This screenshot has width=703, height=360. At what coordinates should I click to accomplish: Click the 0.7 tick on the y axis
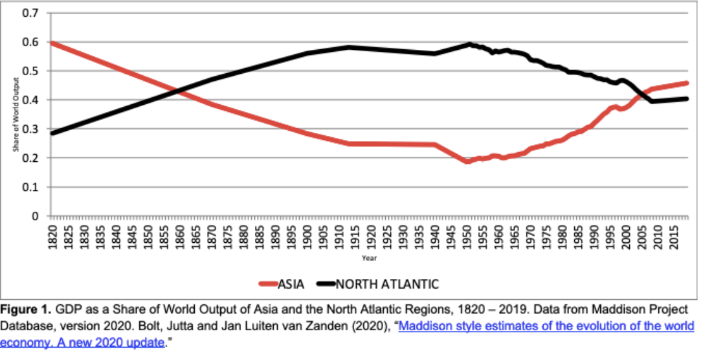[x=30, y=14]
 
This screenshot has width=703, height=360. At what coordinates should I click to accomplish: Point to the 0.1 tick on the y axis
[x=30, y=187]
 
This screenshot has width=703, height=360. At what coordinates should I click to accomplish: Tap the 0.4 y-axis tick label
[x=30, y=100]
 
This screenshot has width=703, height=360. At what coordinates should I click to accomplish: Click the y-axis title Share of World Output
[x=16, y=115]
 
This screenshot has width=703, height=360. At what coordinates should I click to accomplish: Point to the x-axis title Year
[x=369, y=258]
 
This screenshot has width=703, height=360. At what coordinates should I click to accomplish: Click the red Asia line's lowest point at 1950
[x=467, y=161]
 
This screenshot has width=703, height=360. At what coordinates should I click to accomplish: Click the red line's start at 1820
[x=52, y=43]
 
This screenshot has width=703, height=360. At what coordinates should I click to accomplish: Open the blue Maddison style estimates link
[x=546, y=326]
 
